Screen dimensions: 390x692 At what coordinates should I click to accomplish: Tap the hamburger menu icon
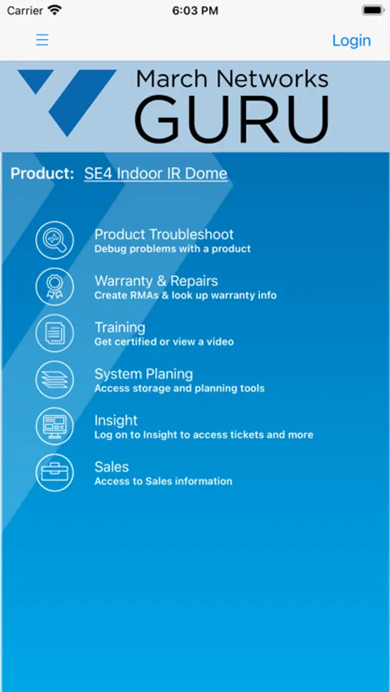[42, 40]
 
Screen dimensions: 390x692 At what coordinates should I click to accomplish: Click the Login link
[352, 41]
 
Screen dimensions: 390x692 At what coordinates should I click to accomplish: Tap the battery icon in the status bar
[373, 11]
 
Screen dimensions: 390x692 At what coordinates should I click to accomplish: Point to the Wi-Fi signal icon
[55, 10]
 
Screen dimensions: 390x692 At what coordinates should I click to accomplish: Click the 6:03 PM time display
[195, 11]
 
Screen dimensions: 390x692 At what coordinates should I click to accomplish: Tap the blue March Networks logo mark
[67, 102]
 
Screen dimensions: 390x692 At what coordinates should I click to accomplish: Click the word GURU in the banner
[232, 119]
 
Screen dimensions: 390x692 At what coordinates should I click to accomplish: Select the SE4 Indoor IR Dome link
[156, 174]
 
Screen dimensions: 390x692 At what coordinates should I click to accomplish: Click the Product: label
[42, 174]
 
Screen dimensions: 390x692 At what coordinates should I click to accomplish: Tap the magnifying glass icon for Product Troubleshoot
[55, 240]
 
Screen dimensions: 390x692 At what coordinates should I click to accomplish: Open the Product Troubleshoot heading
[165, 235]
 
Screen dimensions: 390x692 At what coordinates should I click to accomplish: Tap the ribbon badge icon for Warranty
[55, 287]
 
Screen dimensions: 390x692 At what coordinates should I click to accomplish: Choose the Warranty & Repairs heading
[156, 281]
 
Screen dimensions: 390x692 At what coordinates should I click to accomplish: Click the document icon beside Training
[55, 333]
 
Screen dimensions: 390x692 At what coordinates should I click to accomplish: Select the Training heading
[120, 328]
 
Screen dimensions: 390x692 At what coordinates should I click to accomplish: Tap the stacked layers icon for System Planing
[55, 380]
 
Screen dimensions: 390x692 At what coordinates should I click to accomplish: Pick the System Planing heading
[144, 374]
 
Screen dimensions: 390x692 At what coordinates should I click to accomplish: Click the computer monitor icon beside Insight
[55, 426]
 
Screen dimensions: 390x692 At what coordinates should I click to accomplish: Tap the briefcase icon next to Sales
[55, 473]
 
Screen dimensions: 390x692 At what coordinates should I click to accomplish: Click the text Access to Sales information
[163, 481]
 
